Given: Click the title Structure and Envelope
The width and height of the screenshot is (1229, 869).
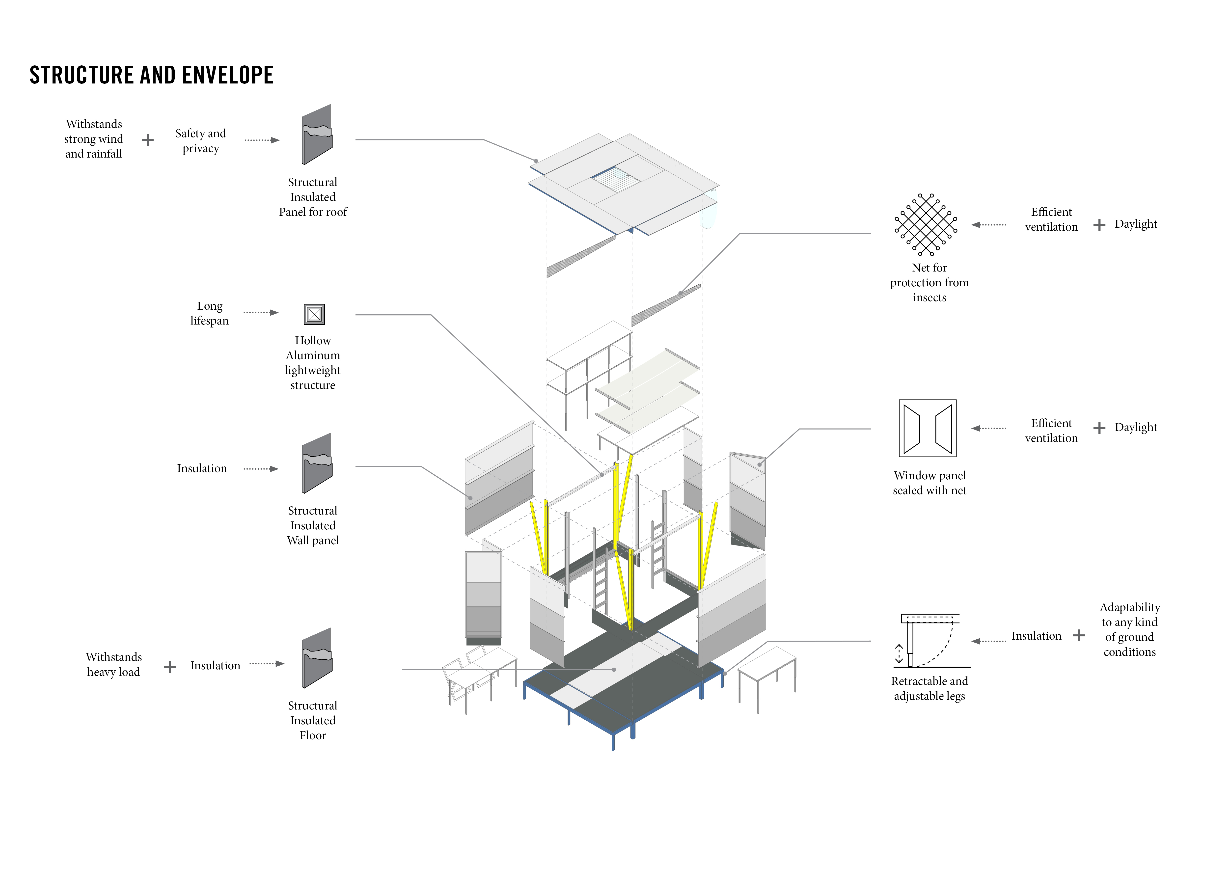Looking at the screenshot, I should tap(151, 75).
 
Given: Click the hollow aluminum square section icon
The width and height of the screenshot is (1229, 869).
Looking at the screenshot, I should tap(314, 314).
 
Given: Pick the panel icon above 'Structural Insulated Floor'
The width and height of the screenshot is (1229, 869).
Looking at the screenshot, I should tap(317, 658).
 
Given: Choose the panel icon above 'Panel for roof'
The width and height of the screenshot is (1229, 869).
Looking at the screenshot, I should tap(317, 135).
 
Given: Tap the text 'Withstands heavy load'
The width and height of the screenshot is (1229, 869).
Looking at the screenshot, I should tap(113, 665).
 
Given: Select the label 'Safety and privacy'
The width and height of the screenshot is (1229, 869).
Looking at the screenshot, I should tap(201, 141).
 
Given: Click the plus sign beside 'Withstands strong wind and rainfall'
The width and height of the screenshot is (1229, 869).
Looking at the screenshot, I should tap(148, 140).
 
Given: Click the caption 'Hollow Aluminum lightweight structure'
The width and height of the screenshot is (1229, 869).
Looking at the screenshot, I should tap(313, 363).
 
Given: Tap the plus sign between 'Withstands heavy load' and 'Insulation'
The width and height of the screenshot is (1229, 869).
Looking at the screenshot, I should tap(170, 667).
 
